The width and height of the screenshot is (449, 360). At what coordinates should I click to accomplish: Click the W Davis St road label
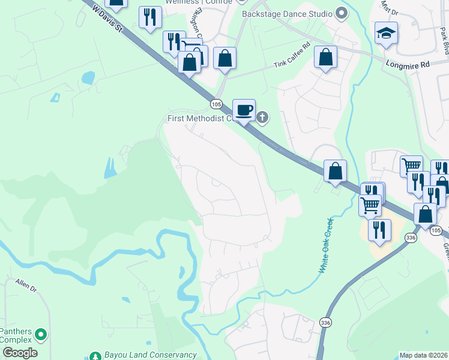coord(109,20)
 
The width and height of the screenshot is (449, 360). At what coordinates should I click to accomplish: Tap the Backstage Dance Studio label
coord(287,13)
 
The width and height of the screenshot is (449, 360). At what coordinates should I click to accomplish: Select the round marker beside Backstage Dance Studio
coord(342,13)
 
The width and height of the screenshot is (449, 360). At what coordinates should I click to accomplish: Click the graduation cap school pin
coord(386,34)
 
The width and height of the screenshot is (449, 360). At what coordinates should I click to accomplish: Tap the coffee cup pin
coord(244,110)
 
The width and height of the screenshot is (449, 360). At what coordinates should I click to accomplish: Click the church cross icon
coord(262,118)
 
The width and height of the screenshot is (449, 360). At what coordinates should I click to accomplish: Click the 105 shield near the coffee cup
coord(216,104)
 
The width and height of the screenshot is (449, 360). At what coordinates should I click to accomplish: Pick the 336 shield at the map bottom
coord(325,322)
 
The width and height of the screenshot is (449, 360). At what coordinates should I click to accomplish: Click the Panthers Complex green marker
coord(41,333)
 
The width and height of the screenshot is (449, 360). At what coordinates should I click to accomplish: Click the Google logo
coord(19,353)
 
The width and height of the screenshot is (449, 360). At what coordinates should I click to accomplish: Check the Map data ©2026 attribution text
coord(423,355)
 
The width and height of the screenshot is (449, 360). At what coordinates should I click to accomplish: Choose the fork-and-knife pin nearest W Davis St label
coord(149,17)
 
